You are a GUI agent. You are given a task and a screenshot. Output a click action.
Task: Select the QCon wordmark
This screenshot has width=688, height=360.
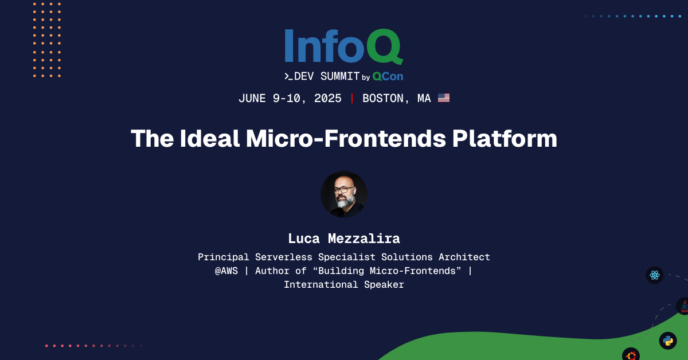(x=388, y=76)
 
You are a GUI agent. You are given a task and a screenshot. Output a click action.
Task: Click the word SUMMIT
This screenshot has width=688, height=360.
(x=339, y=76)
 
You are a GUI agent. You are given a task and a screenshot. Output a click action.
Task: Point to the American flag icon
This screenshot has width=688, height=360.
(x=444, y=98)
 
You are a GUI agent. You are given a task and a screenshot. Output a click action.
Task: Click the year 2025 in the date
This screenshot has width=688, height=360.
(x=327, y=98)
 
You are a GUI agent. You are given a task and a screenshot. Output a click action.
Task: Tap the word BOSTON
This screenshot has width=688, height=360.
(x=384, y=98)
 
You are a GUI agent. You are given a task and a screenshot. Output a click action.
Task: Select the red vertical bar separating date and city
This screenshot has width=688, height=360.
(x=352, y=98)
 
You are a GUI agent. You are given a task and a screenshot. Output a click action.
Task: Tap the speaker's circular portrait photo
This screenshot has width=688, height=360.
(x=344, y=194)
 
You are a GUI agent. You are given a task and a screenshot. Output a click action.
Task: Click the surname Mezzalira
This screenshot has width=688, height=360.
(x=365, y=238)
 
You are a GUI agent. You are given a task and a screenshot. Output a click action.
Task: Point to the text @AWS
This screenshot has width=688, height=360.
(x=226, y=271)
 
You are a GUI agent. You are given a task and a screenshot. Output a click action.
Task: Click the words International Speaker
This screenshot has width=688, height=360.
(x=344, y=284)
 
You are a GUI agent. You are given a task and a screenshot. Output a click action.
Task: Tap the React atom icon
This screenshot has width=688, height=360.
(x=655, y=275)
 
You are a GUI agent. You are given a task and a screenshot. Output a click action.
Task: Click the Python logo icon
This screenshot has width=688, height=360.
(x=668, y=341)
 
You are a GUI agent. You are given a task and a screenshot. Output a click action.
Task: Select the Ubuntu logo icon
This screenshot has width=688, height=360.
(x=631, y=355)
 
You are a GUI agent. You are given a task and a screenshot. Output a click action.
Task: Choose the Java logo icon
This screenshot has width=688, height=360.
(x=683, y=307)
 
